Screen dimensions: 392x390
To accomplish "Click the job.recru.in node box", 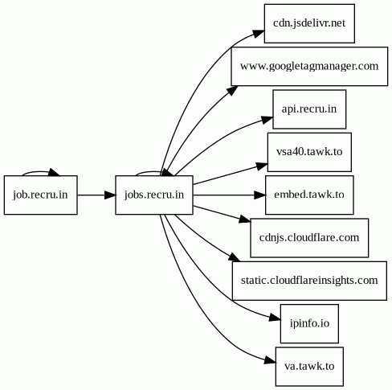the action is pos(41,195).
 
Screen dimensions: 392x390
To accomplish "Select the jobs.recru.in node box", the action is pos(154,195).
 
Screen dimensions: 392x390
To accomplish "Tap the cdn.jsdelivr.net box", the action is pos(309,23).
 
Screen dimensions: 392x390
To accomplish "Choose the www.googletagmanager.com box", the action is pos(309,66).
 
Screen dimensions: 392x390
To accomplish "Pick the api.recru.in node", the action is pos(309,109).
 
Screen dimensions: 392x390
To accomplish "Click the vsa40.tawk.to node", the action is pos(309,152).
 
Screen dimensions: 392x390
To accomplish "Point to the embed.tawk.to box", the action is pos(309,195).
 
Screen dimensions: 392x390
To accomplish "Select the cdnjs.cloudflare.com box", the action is pos(309,238).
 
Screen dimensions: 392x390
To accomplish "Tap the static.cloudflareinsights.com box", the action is pos(309,281).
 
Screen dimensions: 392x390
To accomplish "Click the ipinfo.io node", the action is pos(309,323).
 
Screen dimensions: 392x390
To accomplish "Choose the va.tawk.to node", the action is pos(309,367).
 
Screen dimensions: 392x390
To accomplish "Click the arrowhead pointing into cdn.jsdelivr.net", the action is pos(259,34).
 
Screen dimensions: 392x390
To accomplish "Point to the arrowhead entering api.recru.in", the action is pos(267,120).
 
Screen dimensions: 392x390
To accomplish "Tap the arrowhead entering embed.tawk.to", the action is pos(259,195).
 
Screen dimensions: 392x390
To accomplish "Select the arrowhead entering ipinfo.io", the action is pos(275,318).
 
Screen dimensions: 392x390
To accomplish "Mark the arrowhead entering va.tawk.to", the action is pos(270,360).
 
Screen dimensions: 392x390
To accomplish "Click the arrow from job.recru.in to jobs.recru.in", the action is pos(96,195).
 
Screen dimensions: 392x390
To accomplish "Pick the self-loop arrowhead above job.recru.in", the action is pos(55,172).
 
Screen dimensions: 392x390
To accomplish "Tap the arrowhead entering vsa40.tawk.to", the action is pos(262,166).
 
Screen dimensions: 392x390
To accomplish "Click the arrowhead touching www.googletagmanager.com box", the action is pos(233,91).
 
